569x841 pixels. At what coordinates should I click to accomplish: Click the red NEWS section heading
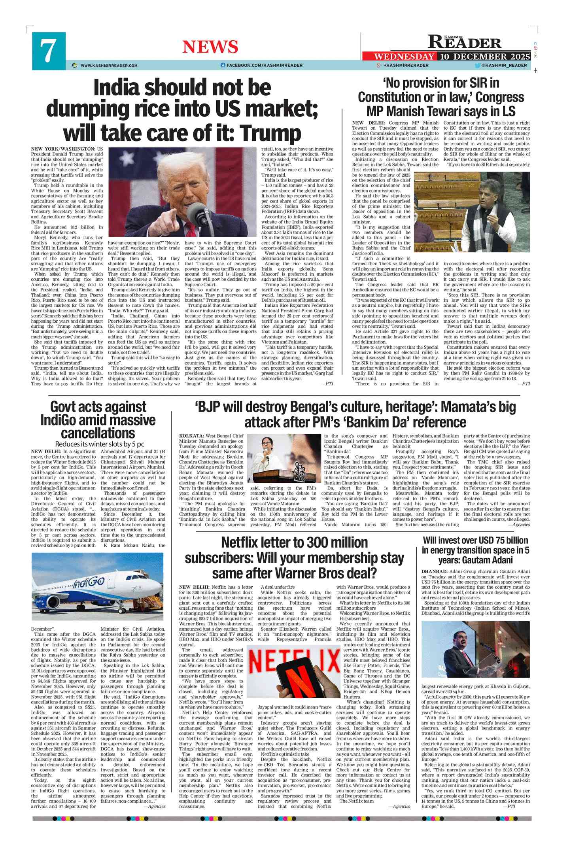pos(210,47)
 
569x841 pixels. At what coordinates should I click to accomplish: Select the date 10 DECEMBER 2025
pos(485,56)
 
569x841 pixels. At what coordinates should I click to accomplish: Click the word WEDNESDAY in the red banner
pos(404,56)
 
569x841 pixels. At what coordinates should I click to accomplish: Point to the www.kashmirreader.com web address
pos(109,65)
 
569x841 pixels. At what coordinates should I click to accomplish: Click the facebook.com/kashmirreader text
pos(264,65)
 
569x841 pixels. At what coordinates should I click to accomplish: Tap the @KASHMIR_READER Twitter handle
pos(504,65)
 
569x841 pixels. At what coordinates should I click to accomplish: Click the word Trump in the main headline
pos(272,133)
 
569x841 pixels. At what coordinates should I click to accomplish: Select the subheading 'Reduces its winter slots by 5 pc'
pos(99,444)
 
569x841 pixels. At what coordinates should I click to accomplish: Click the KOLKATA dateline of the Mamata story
pos(191,436)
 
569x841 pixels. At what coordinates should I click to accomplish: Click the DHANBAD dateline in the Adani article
pos(434,571)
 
